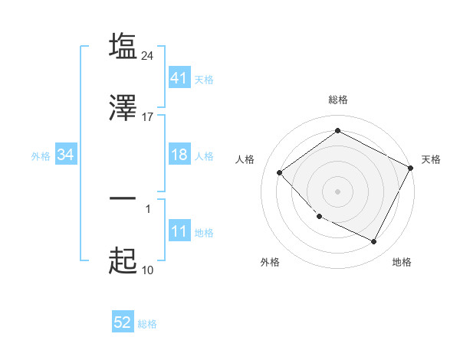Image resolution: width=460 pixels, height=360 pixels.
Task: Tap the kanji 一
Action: [x=123, y=198]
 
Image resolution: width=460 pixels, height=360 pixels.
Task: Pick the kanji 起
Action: [x=123, y=261]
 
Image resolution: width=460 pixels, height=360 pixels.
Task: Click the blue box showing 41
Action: [x=179, y=79]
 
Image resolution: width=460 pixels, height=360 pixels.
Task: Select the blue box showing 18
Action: [x=179, y=155]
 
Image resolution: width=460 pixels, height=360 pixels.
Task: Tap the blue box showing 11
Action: [x=179, y=232]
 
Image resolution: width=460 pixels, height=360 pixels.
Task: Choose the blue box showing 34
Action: [x=66, y=155]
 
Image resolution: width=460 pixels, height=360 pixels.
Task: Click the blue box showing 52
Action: [x=123, y=323]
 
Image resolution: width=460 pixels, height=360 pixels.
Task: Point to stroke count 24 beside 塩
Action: [x=148, y=55]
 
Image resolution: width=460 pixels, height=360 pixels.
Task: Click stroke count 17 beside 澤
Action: [x=148, y=117]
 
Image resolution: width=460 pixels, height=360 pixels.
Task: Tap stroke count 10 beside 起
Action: [x=148, y=270]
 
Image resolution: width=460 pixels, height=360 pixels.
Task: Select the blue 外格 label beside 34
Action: [x=41, y=156]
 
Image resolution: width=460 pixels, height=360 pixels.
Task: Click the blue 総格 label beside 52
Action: [x=147, y=324]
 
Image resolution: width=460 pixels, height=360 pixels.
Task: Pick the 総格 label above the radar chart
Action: [x=338, y=100]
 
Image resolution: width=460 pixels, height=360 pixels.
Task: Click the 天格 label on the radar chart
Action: [x=431, y=159]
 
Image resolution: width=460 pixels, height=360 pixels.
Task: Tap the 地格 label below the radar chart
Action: [x=402, y=262]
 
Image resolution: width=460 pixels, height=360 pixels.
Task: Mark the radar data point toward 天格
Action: [x=411, y=168]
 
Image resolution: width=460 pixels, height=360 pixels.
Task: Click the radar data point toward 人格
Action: [x=280, y=172]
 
